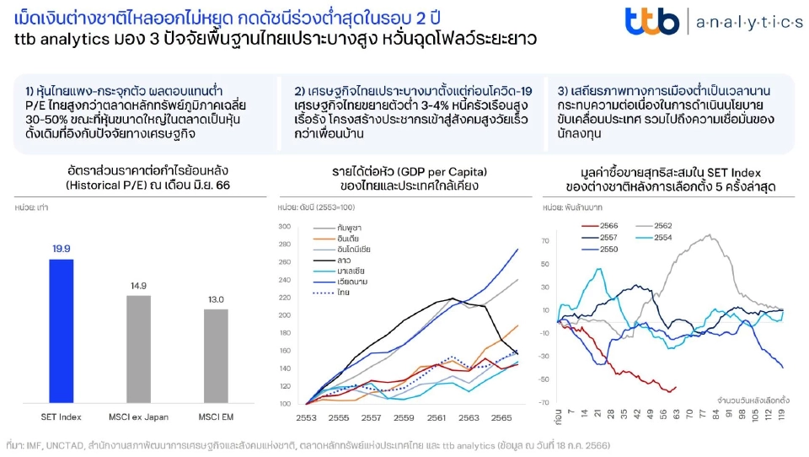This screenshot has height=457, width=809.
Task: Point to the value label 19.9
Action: pos(62,249)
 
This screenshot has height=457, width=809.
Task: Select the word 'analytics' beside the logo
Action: pos(749,23)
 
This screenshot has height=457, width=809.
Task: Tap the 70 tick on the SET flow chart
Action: pos(545,241)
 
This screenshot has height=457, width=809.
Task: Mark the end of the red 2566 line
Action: pos(675,388)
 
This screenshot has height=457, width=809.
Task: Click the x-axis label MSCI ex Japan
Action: pos(138,416)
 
